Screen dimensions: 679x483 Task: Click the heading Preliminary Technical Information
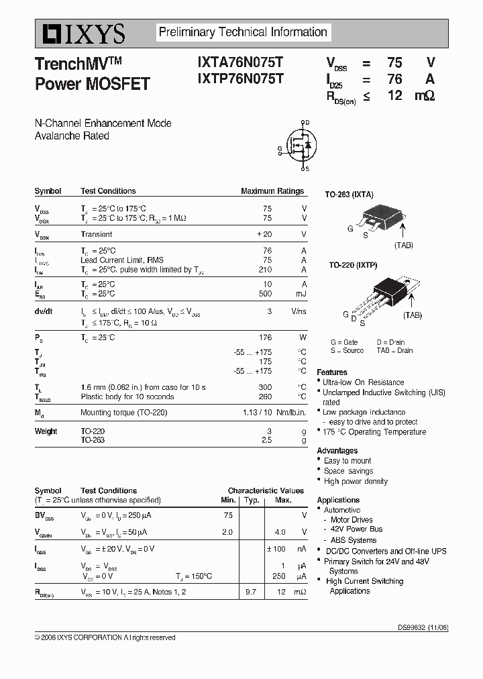click(x=242, y=32)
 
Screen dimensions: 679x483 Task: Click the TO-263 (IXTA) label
click(x=349, y=195)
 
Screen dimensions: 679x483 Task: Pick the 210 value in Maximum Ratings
click(x=265, y=270)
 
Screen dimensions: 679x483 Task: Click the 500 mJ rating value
click(x=265, y=294)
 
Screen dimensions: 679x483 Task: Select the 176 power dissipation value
click(x=265, y=337)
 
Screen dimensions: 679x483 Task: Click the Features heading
click(x=332, y=372)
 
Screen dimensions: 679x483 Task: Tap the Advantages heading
click(x=337, y=451)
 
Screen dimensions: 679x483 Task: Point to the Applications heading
click(x=338, y=500)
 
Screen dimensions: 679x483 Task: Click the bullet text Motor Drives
click(x=352, y=520)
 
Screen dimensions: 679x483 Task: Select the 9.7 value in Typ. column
click(x=251, y=592)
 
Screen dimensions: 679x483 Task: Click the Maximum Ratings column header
click(x=272, y=191)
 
